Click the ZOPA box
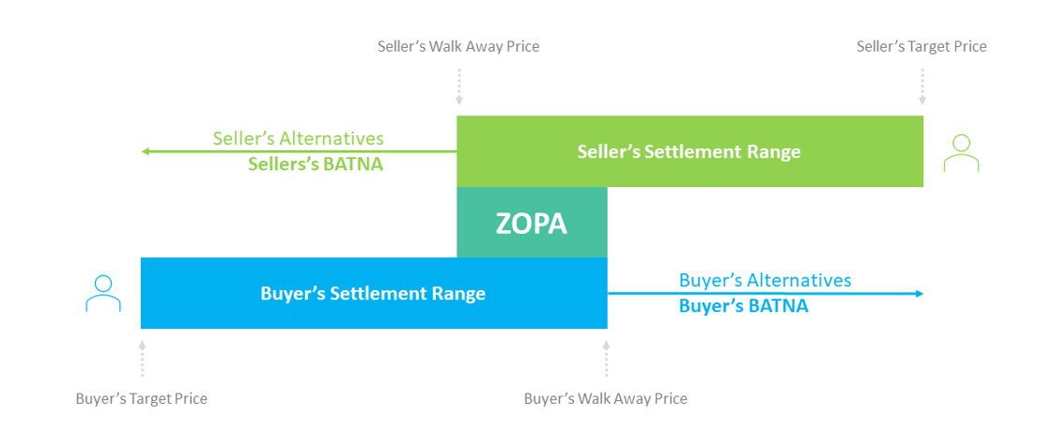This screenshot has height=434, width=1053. [x=532, y=223]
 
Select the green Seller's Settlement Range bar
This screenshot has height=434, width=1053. [x=689, y=151]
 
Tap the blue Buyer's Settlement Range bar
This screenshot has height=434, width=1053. [x=373, y=294]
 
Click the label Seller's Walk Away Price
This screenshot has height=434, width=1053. [x=458, y=46]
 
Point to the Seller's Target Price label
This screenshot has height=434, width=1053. [x=921, y=46]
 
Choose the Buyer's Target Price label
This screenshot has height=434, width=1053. [x=141, y=398]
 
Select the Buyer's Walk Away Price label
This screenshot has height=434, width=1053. [x=605, y=398]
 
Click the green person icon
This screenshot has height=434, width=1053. [x=961, y=152]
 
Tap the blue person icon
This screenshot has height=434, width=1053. [x=103, y=294]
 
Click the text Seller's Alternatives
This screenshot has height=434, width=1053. [x=298, y=138]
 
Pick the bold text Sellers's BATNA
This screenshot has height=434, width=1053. [x=316, y=164]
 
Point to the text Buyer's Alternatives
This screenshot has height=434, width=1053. [x=765, y=280]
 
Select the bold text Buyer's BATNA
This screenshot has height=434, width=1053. [x=743, y=305]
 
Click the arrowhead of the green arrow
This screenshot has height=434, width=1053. [x=145, y=151]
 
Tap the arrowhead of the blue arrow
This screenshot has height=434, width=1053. [x=920, y=294]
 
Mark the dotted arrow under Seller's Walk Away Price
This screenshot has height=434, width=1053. [x=458, y=86]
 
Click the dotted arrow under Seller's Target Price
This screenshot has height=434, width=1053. [x=922, y=86]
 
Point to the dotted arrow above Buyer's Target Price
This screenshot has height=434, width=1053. [x=142, y=358]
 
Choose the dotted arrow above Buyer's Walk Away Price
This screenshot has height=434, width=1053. [x=606, y=358]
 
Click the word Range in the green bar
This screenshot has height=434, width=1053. [x=775, y=152]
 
